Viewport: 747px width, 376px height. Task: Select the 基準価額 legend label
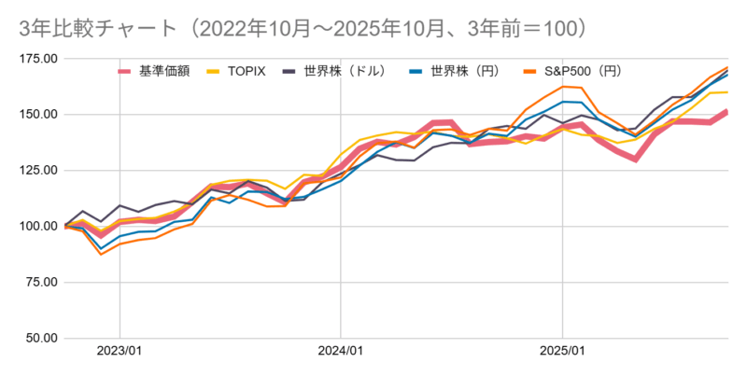coord(163,70)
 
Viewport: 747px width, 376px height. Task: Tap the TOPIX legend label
coord(248,70)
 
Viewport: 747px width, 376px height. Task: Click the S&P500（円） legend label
coord(585,70)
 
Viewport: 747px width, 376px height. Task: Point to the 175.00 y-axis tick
coord(37,59)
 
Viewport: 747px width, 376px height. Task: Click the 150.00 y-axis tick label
coord(37,115)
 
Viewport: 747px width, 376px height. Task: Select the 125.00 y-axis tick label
coord(37,171)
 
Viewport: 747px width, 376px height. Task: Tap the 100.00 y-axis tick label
coord(37,227)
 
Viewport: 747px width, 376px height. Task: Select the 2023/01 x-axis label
coord(120,353)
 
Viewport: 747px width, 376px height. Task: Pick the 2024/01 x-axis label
coord(341,353)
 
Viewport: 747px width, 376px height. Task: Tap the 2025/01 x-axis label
coord(562,353)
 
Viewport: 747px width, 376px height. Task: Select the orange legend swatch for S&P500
coord(531,70)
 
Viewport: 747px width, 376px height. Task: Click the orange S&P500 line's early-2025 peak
coord(564,87)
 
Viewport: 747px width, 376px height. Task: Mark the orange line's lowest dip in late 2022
coord(101,254)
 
